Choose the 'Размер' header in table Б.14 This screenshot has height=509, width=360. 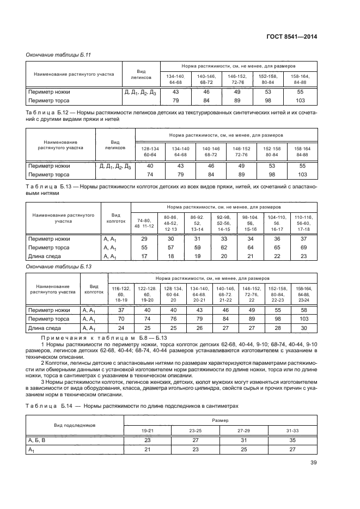220,421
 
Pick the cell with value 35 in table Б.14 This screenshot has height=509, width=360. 292,439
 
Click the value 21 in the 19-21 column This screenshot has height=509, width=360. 148,450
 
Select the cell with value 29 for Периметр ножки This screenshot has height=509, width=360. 144,239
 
